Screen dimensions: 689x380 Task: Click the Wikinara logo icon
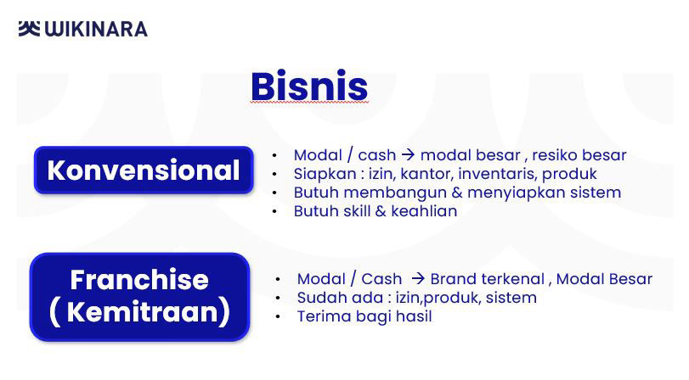coord(29,29)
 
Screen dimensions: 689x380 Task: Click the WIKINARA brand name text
coord(96,29)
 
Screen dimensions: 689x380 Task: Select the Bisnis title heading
coord(309,86)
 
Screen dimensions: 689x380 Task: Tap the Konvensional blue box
coord(144,170)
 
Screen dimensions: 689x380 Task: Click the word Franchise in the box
coord(139,280)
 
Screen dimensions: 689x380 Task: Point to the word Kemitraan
coord(142,311)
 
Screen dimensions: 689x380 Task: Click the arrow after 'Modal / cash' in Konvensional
coord(408,154)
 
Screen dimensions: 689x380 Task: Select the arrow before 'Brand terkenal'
coord(418,278)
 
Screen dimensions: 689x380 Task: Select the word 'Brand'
coord(453,278)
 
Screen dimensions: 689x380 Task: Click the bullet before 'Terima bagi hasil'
coord(278,316)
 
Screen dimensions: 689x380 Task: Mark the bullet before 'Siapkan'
coord(274,174)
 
